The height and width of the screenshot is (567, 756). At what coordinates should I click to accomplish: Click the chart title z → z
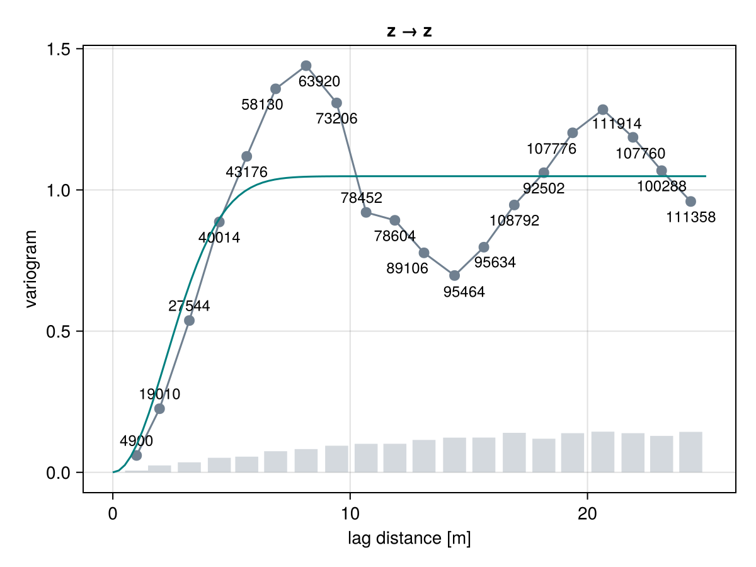pos(409,31)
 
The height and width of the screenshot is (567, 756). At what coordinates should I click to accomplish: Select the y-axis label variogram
pos(31,269)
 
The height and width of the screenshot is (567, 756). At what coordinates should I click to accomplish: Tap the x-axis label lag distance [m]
pos(409,539)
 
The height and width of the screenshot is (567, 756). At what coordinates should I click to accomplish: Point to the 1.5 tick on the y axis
pos(58,49)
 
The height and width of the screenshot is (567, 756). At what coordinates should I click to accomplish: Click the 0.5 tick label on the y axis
pos(58,331)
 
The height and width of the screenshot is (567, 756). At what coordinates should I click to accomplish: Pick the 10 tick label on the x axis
pos(350,514)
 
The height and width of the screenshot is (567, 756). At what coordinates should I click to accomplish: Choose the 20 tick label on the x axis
pos(587,514)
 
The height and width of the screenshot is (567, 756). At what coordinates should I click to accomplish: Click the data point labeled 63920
pos(306,66)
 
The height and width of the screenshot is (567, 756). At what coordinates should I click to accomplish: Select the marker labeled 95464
pos(455,275)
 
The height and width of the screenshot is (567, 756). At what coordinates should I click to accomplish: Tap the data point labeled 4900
pos(136,455)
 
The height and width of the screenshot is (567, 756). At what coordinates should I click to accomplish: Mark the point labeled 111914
pos(603,110)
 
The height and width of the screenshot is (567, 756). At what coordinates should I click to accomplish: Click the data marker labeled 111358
pos(690,202)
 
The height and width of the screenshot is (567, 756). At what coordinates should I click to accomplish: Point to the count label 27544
pos(189,306)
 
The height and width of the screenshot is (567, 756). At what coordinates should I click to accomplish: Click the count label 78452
pos(361,198)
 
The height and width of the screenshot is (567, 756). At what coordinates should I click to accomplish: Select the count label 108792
pos(514,220)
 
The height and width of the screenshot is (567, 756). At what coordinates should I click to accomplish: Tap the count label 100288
pos(661,186)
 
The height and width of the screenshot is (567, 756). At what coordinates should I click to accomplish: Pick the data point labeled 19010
pos(159,409)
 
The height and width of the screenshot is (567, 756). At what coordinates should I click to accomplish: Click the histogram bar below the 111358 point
pos(690,452)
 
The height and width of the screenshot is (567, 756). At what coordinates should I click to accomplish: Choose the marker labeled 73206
pos(336,103)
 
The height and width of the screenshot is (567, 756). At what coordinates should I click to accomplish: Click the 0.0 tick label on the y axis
pos(58,473)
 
